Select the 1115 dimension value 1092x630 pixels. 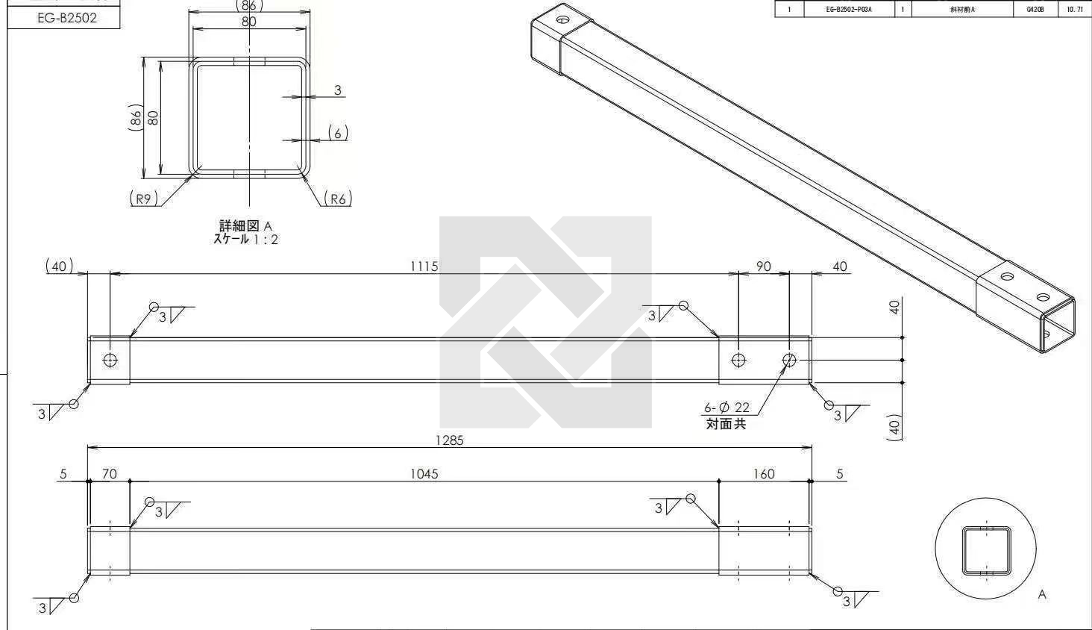click(424, 266)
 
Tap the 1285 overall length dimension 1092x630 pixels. click(450, 440)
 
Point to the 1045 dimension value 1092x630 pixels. click(424, 473)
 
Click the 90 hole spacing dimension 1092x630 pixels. click(764, 266)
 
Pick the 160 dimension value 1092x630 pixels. click(764, 473)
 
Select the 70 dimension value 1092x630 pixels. click(110, 473)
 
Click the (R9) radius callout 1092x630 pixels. click(143, 199)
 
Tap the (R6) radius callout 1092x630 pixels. click(337, 199)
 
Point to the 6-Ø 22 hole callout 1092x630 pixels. click(727, 408)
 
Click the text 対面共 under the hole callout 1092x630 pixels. click(726, 424)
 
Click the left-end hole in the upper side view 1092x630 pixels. click(110, 361)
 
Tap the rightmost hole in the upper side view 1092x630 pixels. click(789, 361)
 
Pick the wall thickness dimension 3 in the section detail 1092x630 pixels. click(338, 90)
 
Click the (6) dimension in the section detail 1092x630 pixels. click(338, 133)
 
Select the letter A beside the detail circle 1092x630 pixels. click(1042, 595)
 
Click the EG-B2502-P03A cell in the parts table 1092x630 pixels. click(849, 10)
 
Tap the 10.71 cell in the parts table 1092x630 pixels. click(1075, 10)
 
